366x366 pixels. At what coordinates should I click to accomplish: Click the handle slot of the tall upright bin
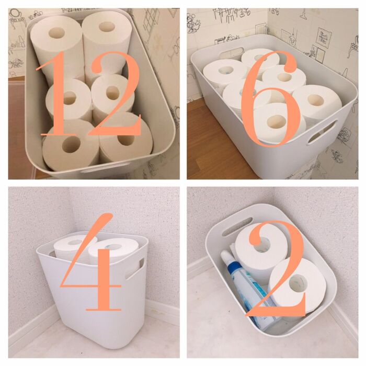135,268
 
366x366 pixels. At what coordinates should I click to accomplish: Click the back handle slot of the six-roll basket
231,53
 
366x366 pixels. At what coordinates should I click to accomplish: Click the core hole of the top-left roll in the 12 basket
56,33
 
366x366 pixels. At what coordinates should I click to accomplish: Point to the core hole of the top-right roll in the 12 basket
107,26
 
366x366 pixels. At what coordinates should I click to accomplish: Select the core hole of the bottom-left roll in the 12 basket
72,145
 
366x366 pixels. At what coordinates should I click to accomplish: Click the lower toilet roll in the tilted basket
296,285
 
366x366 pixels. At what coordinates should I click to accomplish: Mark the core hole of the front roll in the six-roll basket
277,121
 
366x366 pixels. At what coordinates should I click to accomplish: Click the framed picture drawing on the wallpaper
324,36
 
